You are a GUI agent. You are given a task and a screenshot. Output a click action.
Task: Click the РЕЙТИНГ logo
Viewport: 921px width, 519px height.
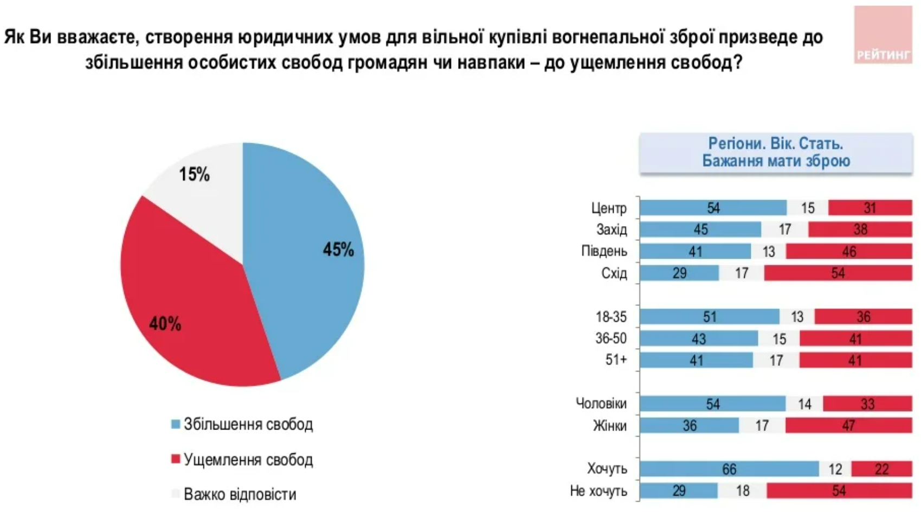(x=883, y=35)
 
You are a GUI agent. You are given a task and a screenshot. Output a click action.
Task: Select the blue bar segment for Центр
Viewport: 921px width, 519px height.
(x=713, y=208)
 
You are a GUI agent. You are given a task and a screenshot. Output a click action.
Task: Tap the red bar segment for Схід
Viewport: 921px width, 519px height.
(x=838, y=273)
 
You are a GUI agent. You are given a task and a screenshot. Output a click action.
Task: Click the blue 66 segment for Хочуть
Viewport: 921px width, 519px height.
(x=729, y=469)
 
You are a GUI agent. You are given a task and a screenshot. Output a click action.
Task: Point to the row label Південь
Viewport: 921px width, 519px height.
(x=604, y=251)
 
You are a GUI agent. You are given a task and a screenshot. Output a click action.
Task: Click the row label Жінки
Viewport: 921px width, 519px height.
(x=610, y=426)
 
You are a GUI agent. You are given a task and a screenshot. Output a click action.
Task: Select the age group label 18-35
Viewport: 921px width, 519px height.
(x=611, y=317)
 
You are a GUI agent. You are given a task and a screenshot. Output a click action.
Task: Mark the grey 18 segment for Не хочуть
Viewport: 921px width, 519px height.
(x=742, y=491)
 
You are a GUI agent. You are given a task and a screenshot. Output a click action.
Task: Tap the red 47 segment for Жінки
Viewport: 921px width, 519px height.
(x=848, y=426)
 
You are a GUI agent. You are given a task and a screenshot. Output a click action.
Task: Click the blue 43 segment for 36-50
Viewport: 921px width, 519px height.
(x=698, y=339)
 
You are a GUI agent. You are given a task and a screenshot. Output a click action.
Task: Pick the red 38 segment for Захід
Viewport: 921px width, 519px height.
(x=860, y=229)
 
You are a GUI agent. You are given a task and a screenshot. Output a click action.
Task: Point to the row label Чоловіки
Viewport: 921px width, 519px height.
(x=601, y=403)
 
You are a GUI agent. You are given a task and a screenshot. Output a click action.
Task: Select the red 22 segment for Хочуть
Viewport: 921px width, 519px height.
(x=881, y=469)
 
